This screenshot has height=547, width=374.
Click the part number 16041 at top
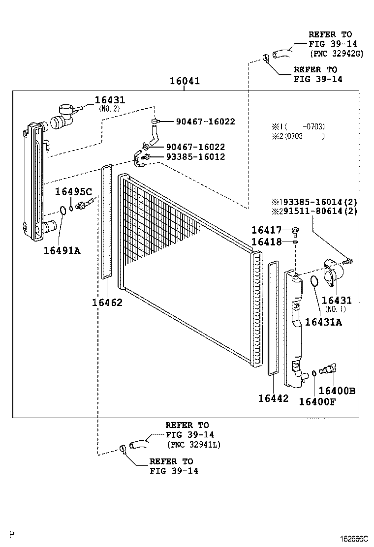185,81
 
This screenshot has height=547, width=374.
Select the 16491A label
62,250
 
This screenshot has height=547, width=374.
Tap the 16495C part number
73,191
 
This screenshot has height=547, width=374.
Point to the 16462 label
107,302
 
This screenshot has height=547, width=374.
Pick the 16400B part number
337,391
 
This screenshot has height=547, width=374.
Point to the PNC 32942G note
336,54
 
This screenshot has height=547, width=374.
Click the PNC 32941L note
193,444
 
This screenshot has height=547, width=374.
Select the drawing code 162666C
352,539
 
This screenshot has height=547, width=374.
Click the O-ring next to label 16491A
63,211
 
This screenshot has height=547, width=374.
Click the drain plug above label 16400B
327,369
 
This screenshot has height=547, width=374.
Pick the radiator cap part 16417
295,230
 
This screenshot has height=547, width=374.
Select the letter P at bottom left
13,534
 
